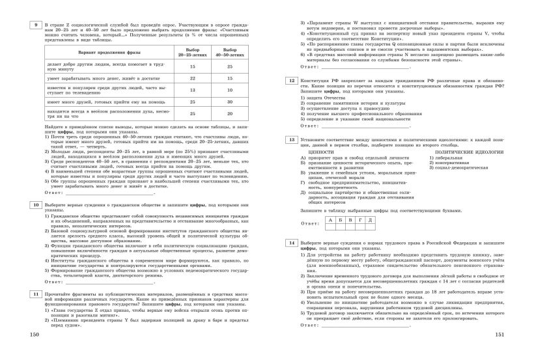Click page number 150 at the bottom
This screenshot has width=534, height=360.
(26, 352)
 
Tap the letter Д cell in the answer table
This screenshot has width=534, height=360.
(369, 219)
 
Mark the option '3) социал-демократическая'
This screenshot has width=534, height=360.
(464, 167)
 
